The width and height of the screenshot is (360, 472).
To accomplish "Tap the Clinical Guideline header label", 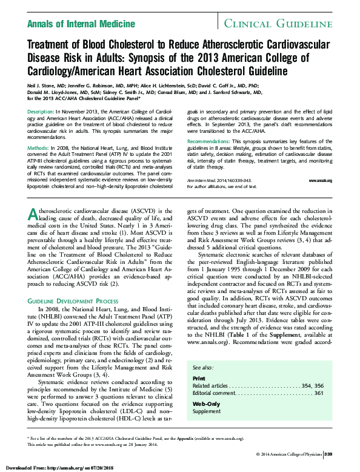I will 278,24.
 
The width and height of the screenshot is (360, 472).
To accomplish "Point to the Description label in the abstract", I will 41,113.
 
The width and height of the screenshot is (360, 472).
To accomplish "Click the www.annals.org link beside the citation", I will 320,181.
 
